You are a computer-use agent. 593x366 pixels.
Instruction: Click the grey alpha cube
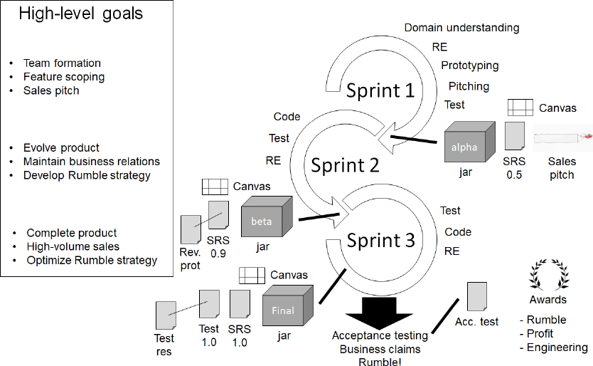pyautogui.click(x=469, y=145)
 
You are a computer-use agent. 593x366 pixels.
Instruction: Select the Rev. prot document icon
pyautogui.click(x=191, y=230)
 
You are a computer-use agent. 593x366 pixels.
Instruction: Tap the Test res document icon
pyautogui.click(x=165, y=315)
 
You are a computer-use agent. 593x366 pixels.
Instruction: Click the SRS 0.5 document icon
pyautogui.click(x=514, y=136)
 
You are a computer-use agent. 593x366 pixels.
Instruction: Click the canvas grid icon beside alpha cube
pyautogui.click(x=520, y=108)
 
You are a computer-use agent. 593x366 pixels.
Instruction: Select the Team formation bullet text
pyautogui.click(x=62, y=63)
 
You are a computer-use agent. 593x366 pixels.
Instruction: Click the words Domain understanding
pyautogui.click(x=461, y=28)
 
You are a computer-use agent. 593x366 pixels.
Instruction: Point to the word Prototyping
pyautogui.click(x=469, y=66)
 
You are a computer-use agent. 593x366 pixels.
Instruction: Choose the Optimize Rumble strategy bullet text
pyautogui.click(x=92, y=261)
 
